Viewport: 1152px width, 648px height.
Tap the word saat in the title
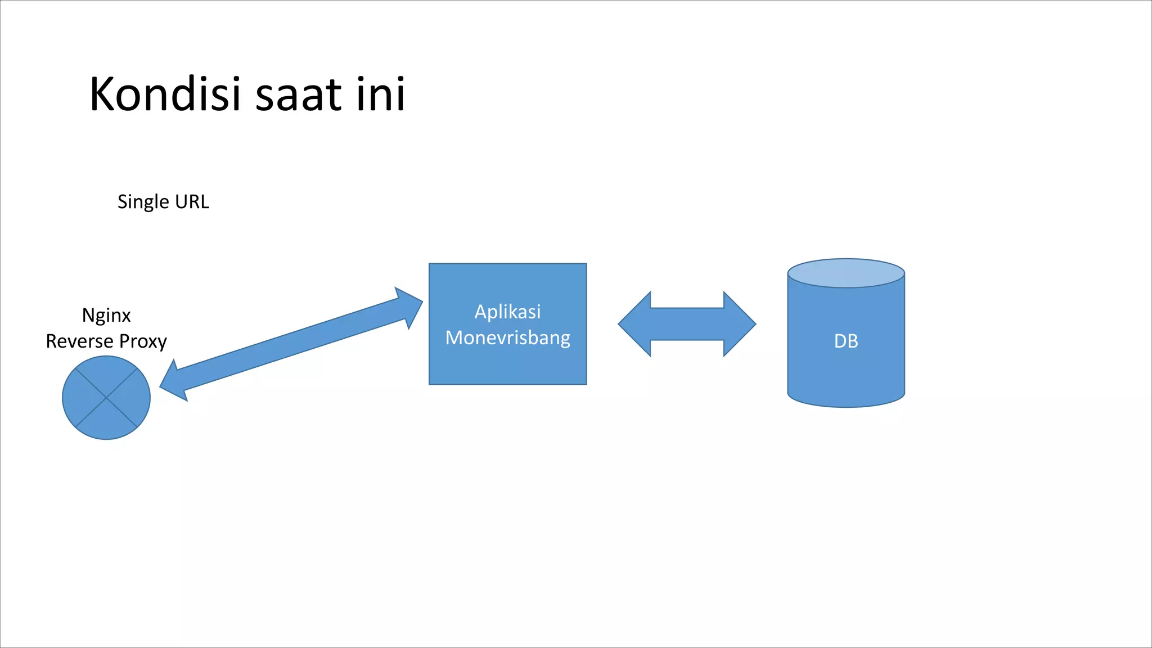[298, 94]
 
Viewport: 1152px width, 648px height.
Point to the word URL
[192, 201]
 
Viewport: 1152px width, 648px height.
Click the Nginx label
[106, 316]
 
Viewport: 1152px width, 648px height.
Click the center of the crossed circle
[106, 398]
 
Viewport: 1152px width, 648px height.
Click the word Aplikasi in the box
[507, 312]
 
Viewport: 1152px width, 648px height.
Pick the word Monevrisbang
[507, 337]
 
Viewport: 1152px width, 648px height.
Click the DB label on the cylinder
[845, 341]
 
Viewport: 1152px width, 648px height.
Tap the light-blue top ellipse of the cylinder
[845, 273]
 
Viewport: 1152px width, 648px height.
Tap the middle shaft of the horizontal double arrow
[687, 324]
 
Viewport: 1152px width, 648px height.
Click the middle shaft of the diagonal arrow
[291, 344]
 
